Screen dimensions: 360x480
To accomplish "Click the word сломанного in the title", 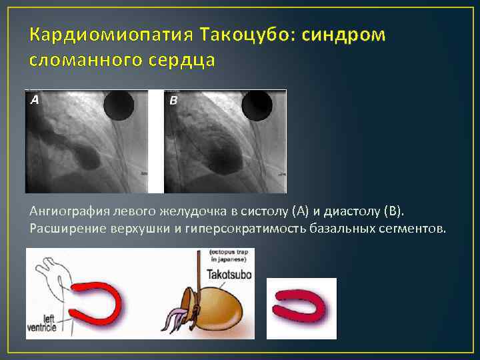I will point(87,61).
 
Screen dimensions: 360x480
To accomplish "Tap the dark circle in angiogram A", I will point(121,107).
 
